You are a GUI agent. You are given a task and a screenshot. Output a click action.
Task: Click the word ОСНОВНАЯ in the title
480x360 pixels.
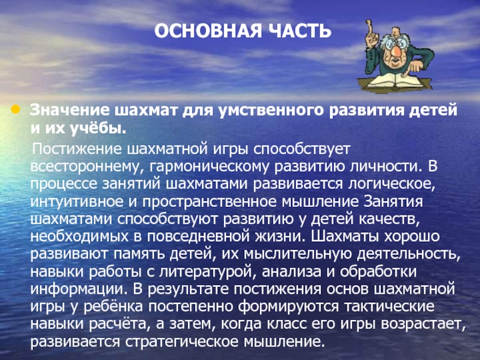[x=208, y=31]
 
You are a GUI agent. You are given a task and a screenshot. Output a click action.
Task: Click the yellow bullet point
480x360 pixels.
[x=16, y=109]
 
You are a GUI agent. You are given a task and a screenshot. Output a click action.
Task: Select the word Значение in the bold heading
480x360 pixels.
[x=70, y=110]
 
